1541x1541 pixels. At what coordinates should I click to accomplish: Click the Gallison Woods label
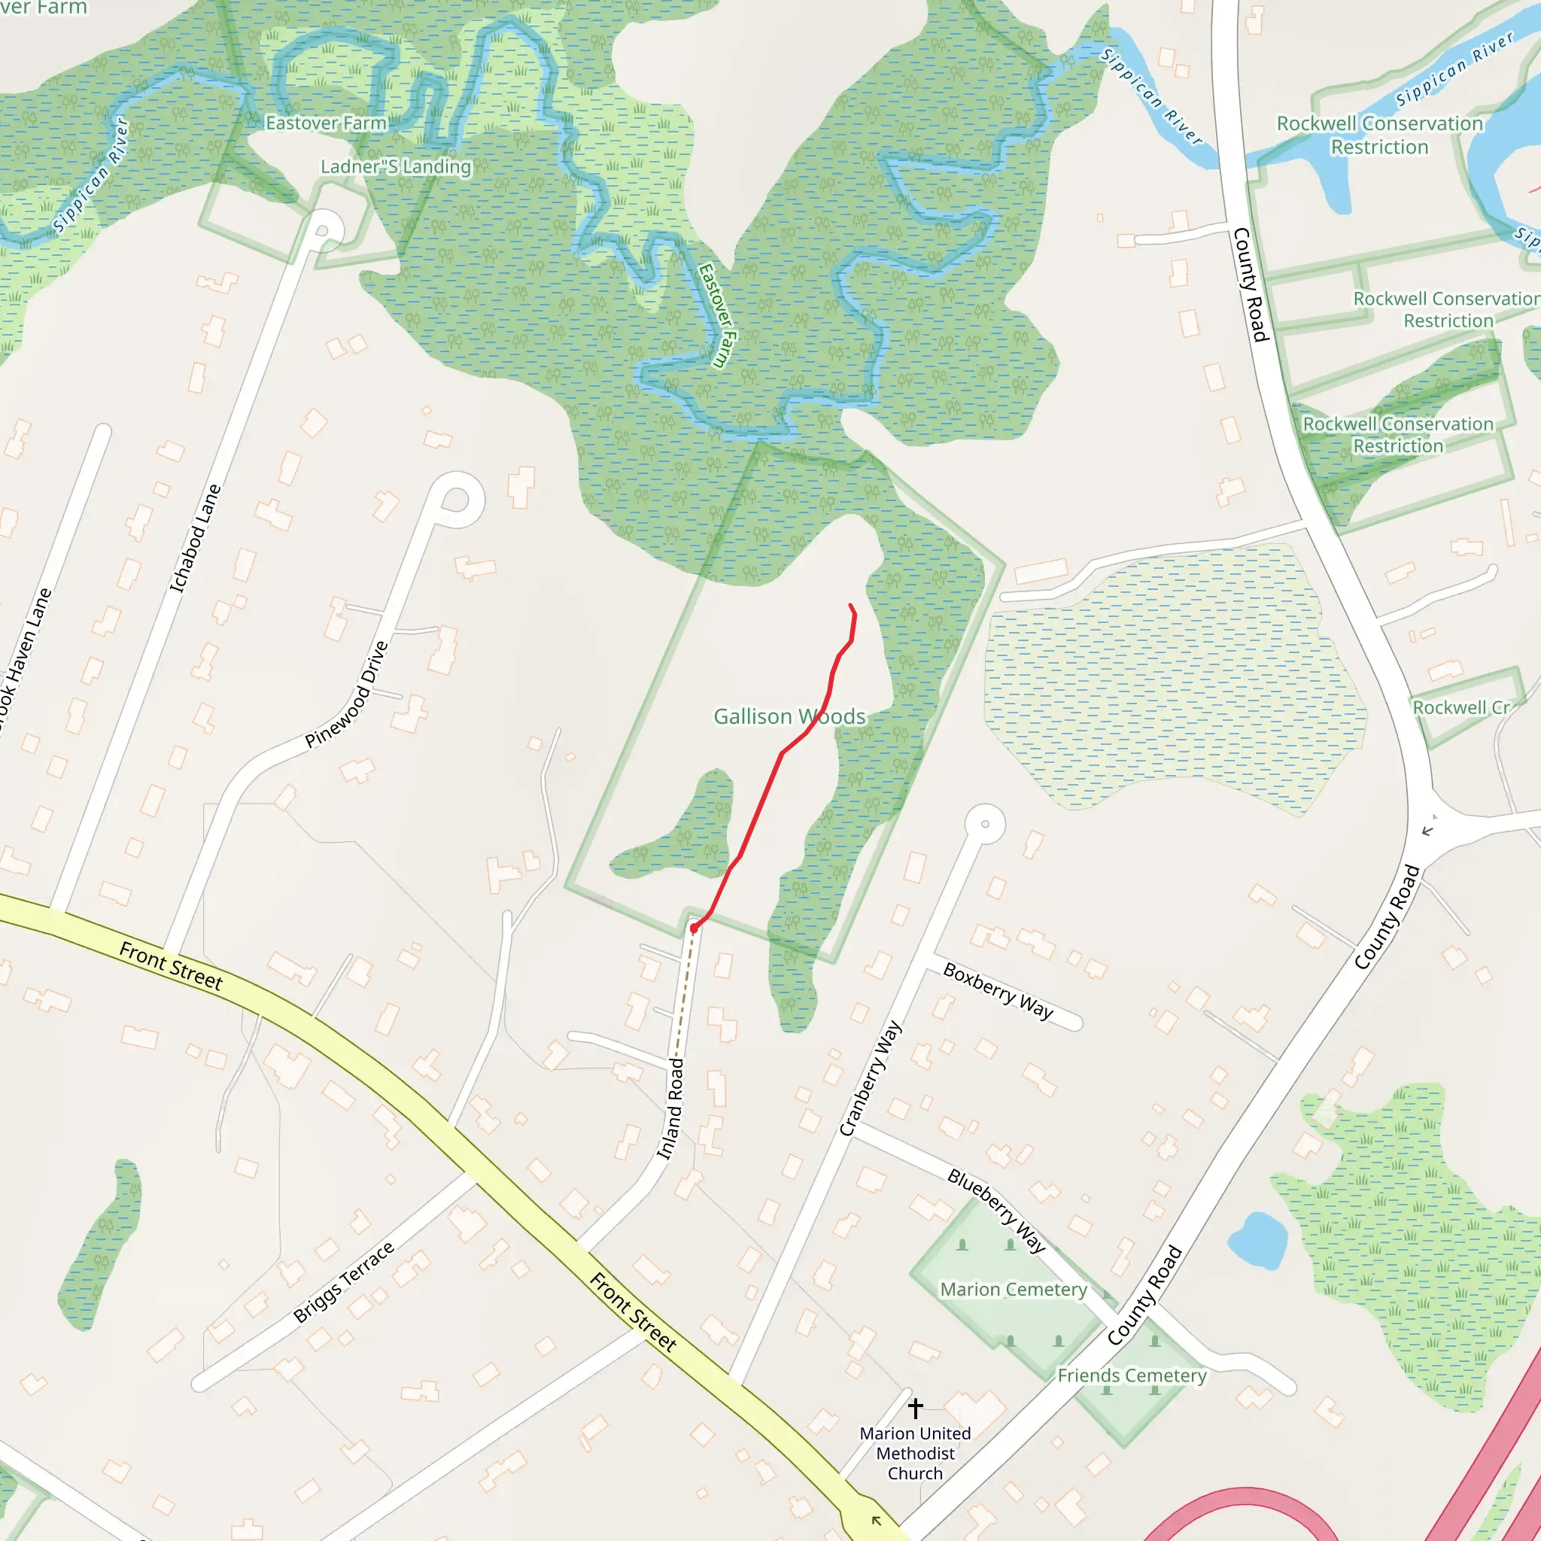(789, 716)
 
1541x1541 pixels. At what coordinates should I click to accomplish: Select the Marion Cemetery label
(1013, 1289)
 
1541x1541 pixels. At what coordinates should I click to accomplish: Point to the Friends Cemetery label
(1131, 1375)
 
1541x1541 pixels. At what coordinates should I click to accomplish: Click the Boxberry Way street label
(998, 990)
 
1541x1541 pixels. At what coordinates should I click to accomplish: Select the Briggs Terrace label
(343, 1281)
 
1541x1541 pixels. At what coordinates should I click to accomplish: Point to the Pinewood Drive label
(347, 694)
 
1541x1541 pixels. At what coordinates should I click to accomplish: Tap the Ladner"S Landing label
(396, 167)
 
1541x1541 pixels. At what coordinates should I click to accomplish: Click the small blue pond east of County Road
(1257, 1240)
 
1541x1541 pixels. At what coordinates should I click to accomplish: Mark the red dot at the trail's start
(694, 928)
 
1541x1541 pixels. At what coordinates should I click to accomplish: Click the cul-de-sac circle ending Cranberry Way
(985, 824)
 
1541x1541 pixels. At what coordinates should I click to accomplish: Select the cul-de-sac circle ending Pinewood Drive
(455, 500)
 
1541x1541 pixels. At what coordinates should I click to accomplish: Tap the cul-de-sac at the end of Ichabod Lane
(323, 229)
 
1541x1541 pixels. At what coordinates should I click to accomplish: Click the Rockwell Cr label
(1461, 707)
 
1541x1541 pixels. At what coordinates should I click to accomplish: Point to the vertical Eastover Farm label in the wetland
(717, 316)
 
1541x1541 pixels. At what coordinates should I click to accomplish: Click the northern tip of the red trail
(851, 606)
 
